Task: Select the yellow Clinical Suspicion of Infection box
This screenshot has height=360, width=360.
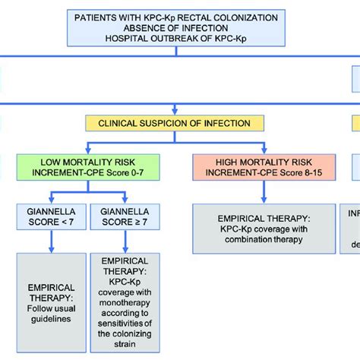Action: pos(175,122)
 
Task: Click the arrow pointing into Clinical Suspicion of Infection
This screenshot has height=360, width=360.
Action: pos(175,109)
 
